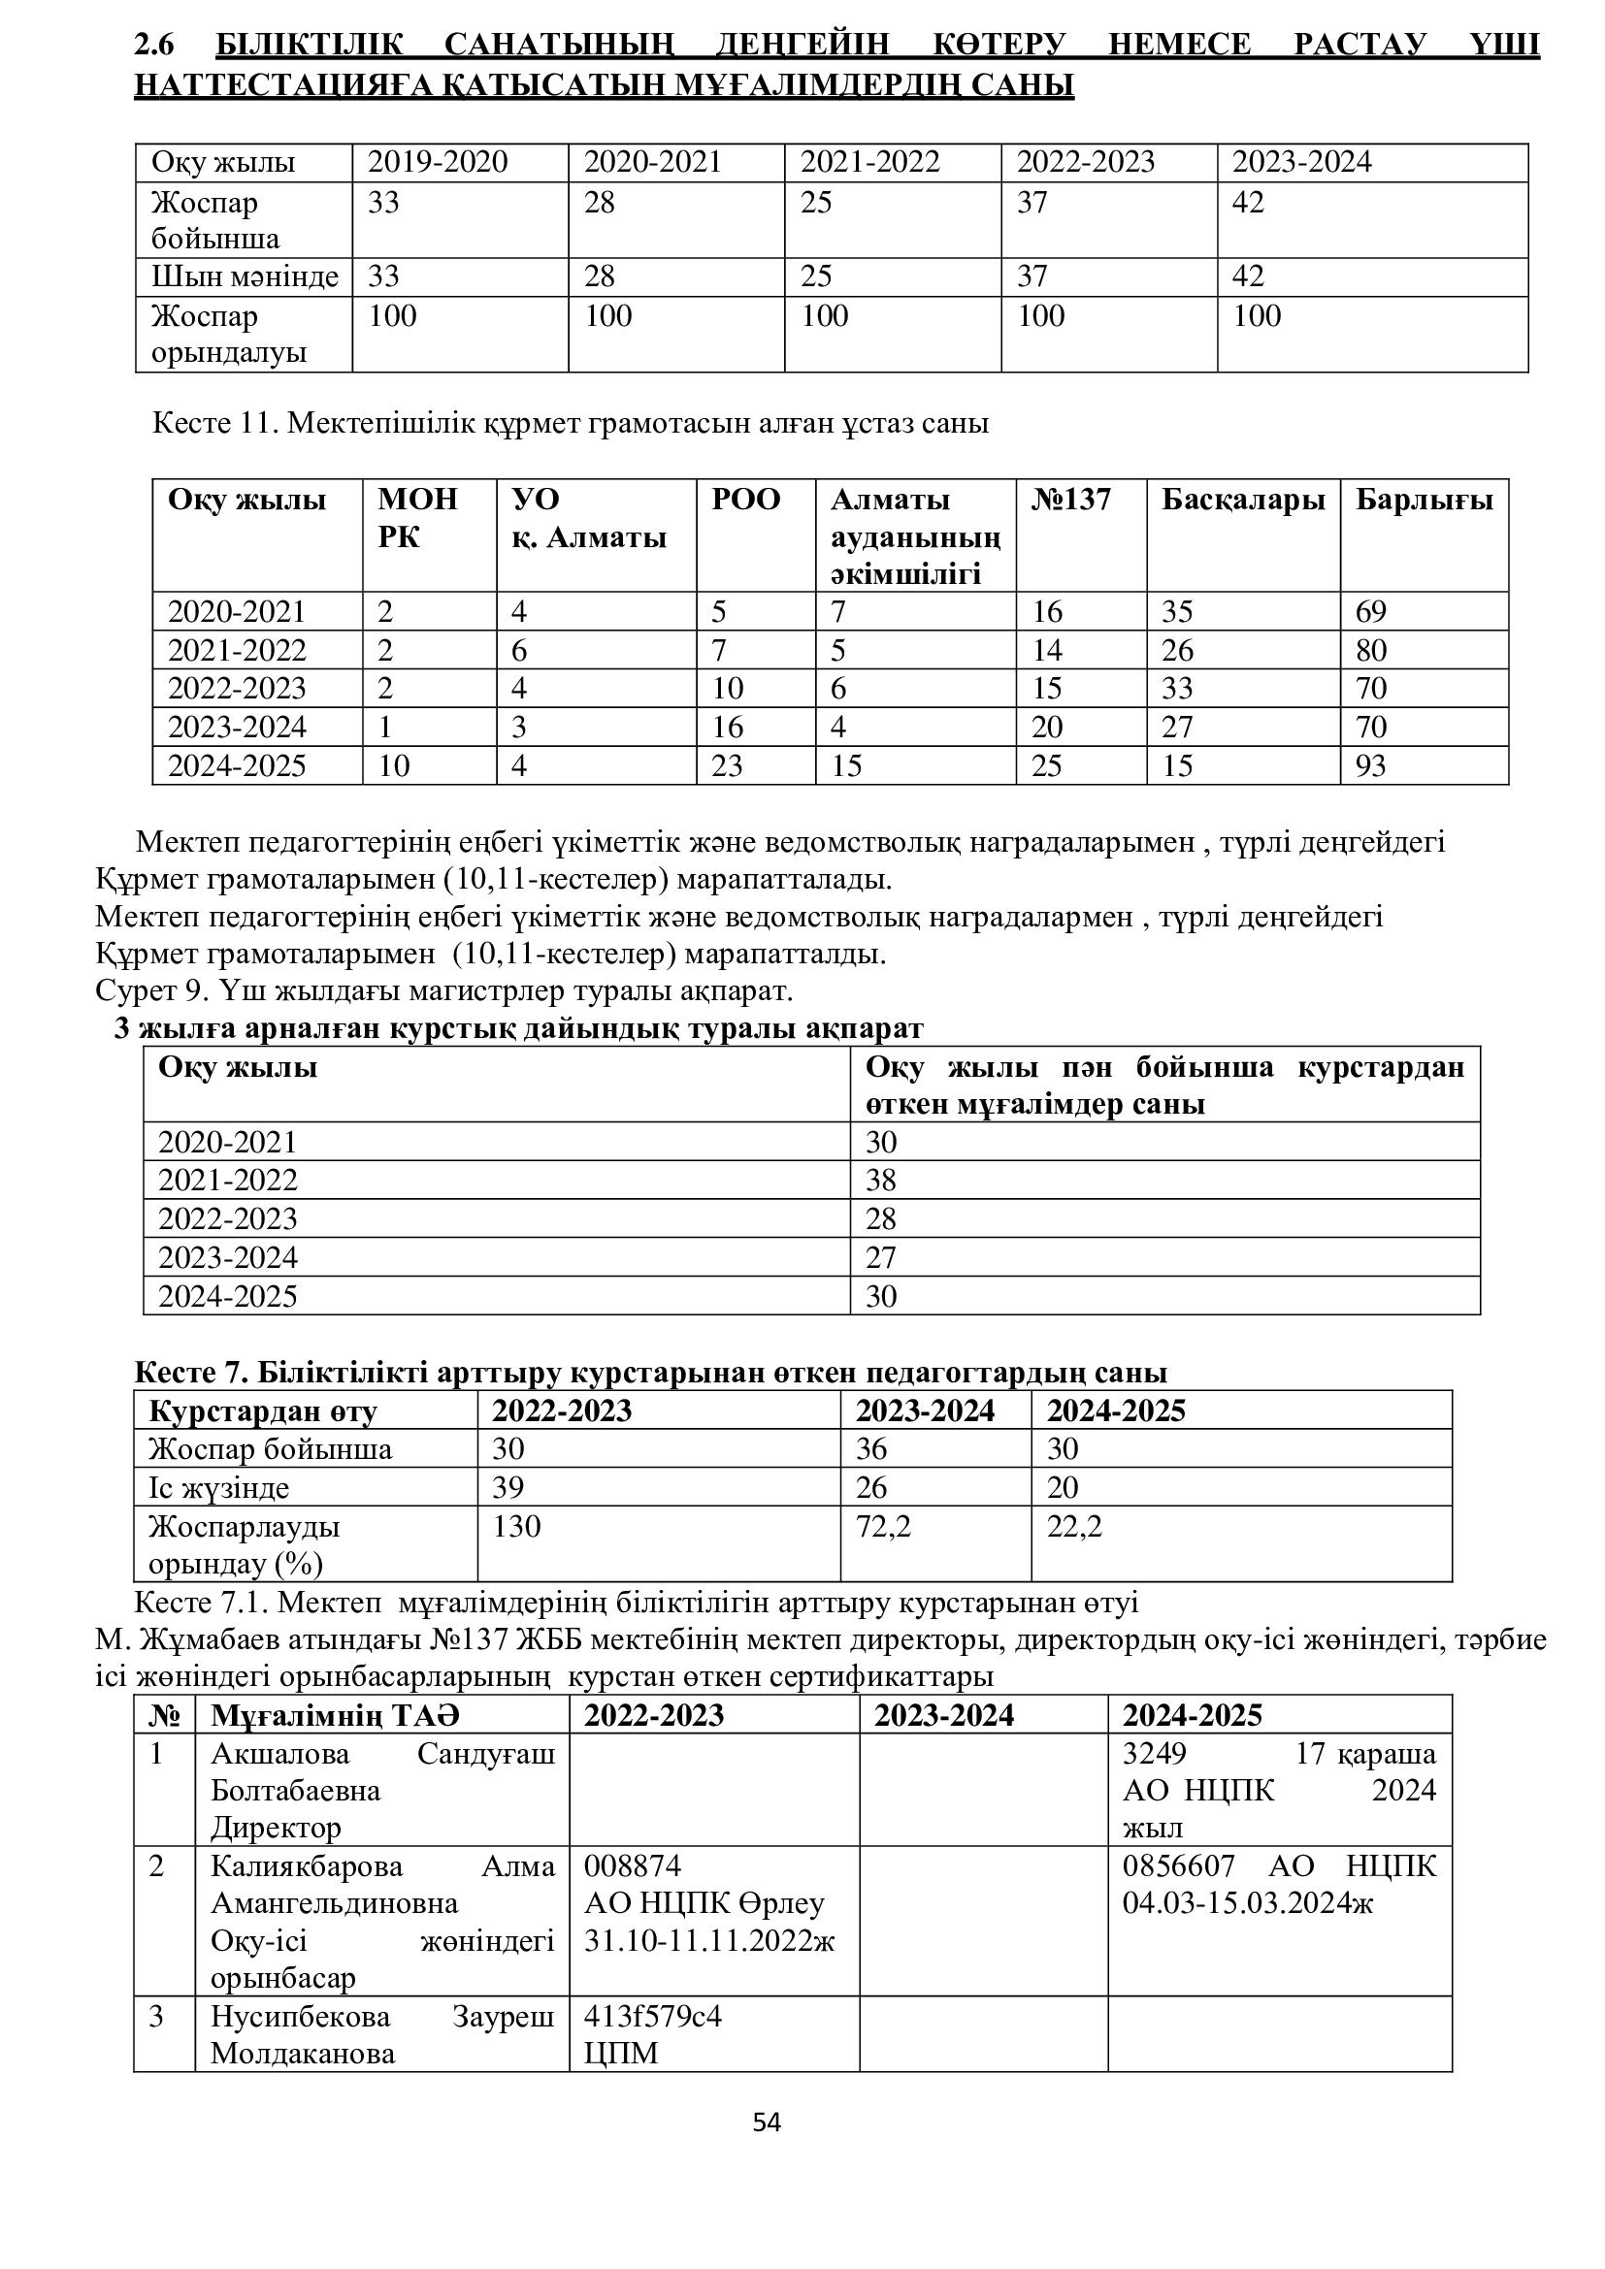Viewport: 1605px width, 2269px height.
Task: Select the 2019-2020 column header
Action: (x=438, y=162)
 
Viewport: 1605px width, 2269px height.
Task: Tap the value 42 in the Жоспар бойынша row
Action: (x=1248, y=203)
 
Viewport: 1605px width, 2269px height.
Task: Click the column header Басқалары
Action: (x=1242, y=500)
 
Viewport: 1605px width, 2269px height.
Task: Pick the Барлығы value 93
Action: (x=1371, y=766)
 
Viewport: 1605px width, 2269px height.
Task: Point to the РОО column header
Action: (x=746, y=500)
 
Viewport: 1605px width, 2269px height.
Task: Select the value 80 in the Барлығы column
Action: (x=1371, y=650)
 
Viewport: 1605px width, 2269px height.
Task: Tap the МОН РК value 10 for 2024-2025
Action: (x=393, y=766)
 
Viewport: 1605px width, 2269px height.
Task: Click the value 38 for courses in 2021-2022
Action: (x=880, y=1180)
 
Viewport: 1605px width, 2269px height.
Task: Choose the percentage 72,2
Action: (x=884, y=1527)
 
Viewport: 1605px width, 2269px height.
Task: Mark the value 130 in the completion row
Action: (x=517, y=1527)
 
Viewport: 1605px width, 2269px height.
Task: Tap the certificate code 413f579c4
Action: (x=652, y=2016)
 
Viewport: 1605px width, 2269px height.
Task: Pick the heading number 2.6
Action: (x=153, y=46)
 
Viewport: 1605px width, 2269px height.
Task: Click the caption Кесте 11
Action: (x=213, y=424)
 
